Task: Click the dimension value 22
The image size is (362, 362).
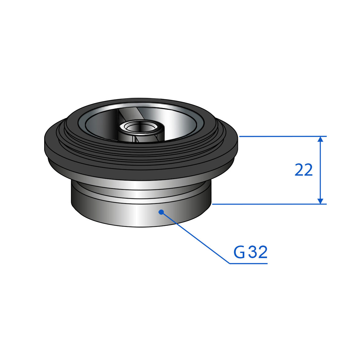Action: coord(303,170)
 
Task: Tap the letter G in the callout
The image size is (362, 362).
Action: coord(239,252)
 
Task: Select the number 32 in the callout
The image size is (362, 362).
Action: coord(258,252)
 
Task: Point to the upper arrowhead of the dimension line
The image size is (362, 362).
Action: coord(320,139)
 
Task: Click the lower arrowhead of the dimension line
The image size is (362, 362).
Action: coord(320,201)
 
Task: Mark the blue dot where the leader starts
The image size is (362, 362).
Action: coord(161,212)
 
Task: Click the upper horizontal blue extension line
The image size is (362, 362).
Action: coord(283,136)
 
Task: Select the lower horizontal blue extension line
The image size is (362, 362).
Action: coord(269,204)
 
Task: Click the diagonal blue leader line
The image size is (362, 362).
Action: coord(195,238)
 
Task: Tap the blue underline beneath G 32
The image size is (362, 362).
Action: coord(248,263)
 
